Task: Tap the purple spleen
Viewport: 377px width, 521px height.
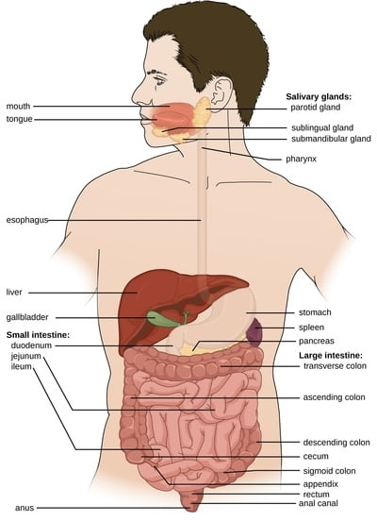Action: tap(254, 332)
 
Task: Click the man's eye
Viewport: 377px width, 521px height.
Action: tap(158, 80)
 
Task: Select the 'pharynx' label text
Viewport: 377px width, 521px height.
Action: tap(301, 160)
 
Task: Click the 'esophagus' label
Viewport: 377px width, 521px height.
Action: tap(27, 220)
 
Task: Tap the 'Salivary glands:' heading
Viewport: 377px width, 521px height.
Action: tap(319, 96)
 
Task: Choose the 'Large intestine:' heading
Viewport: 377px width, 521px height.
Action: tap(331, 356)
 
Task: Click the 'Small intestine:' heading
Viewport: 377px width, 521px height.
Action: tap(38, 335)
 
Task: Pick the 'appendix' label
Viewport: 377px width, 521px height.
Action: tap(320, 484)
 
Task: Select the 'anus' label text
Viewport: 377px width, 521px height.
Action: tap(25, 508)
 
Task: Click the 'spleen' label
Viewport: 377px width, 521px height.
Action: tap(311, 328)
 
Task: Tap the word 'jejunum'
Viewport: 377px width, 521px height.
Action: tap(25, 356)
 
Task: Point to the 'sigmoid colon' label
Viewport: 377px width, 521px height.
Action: tap(329, 471)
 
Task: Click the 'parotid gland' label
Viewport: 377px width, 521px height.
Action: tap(316, 108)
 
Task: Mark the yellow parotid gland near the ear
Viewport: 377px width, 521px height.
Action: tap(203, 112)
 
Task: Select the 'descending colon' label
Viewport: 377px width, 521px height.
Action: tap(336, 443)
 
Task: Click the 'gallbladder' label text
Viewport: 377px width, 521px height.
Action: tap(27, 317)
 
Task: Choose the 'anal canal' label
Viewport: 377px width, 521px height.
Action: tap(319, 503)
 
